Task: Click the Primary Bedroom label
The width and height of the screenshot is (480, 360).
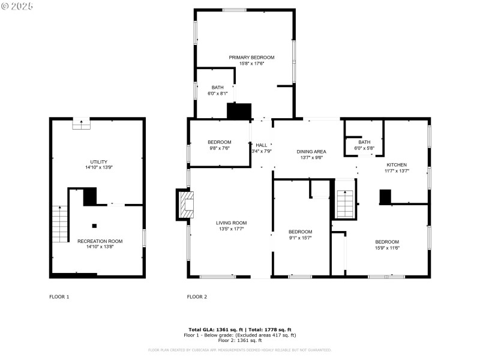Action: pos(251,58)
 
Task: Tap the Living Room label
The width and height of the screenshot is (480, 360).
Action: pos(231,223)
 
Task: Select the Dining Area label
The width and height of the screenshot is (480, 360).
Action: pos(311,152)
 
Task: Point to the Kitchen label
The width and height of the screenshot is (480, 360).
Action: pos(397,165)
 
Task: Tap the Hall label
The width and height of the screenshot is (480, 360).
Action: pos(262,145)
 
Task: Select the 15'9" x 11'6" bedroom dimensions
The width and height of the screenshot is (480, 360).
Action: pos(387,248)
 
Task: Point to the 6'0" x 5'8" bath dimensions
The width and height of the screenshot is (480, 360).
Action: pos(364,148)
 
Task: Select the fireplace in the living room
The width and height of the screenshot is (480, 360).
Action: pos(185,205)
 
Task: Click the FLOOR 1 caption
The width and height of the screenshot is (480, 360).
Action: pos(59,297)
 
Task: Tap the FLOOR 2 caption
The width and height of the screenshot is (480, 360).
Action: pos(197,297)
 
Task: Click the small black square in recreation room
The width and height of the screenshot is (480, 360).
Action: pos(94,226)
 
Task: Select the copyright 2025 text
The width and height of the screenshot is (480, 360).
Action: pos(18,5)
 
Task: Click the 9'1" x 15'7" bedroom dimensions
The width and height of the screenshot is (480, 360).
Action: pos(300,238)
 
